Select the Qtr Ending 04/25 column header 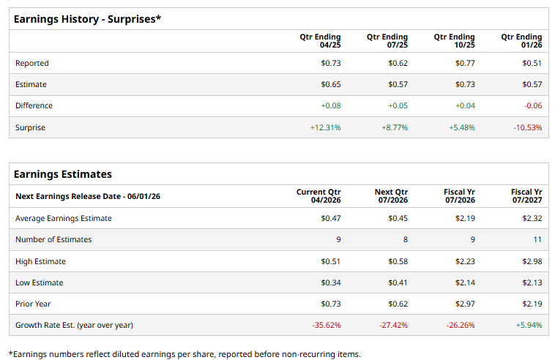(x=320, y=41)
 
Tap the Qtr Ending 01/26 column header (x=521, y=41)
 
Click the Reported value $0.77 (x=465, y=63)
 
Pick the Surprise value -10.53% (x=529, y=127)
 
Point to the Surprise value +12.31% (x=326, y=127)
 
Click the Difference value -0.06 (x=533, y=105)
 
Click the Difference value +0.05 (x=398, y=105)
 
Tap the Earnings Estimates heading (x=63, y=174)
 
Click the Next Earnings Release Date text (x=88, y=196)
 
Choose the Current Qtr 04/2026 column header (x=319, y=196)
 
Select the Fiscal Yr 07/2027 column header (x=526, y=196)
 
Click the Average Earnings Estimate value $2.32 (x=532, y=218)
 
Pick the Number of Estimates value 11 (x=537, y=239)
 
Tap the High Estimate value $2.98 (x=532, y=261)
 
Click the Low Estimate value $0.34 (x=331, y=282)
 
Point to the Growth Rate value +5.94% (x=529, y=325)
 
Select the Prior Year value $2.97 (x=465, y=304)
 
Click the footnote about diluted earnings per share (x=185, y=354)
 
